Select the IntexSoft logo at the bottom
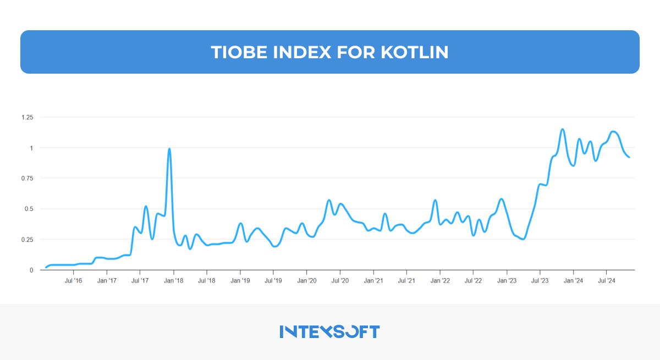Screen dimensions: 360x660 point(329,331)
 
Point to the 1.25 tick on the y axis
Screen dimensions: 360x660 point(28,117)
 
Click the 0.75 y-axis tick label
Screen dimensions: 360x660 point(28,178)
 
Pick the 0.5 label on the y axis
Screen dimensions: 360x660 point(29,209)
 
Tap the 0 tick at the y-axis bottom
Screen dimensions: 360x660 point(32,270)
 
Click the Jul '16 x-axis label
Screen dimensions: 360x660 point(74,280)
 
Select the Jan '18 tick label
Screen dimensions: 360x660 point(174,280)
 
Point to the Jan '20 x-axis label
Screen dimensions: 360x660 point(306,280)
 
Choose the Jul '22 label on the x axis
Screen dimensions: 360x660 point(473,280)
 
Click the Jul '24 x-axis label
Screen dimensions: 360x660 point(606,280)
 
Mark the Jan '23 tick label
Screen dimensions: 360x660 point(507,280)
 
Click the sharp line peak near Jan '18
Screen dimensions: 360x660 point(169,148)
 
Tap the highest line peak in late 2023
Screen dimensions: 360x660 point(562,129)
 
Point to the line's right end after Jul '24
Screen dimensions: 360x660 point(629,157)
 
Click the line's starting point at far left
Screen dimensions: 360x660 point(46,268)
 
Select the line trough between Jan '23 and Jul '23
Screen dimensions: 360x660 point(522,239)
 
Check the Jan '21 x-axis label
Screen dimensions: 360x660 point(373,280)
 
